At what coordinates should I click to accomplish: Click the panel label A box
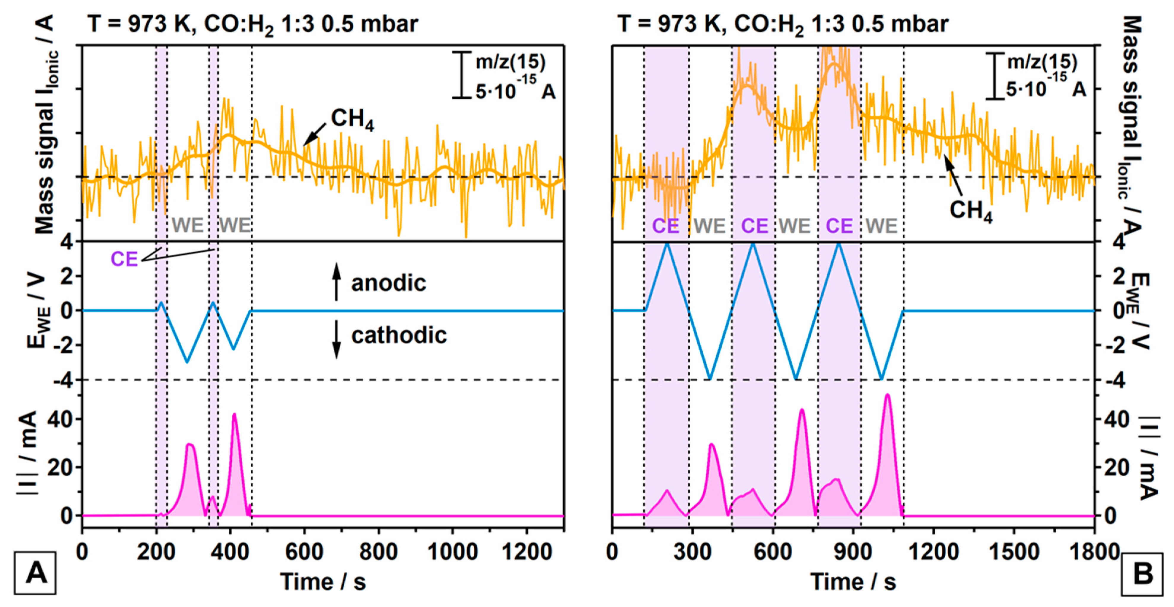[x=35, y=573]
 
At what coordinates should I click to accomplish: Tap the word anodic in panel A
[x=388, y=283]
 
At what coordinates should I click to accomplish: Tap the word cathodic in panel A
[x=399, y=335]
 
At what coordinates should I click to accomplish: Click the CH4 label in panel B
[x=971, y=211]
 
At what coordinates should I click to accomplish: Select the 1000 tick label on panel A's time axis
[x=453, y=552]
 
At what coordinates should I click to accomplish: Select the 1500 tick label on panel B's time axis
[x=1014, y=552]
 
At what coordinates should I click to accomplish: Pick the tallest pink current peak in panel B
[x=887, y=396]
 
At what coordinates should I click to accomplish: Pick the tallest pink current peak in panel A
[x=234, y=415]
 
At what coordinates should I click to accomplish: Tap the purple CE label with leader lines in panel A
[x=124, y=259]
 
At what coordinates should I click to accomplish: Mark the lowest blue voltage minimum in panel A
[x=186, y=362]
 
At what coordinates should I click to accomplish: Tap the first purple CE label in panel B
[x=665, y=226]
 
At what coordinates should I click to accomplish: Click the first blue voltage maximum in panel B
[x=667, y=244]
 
